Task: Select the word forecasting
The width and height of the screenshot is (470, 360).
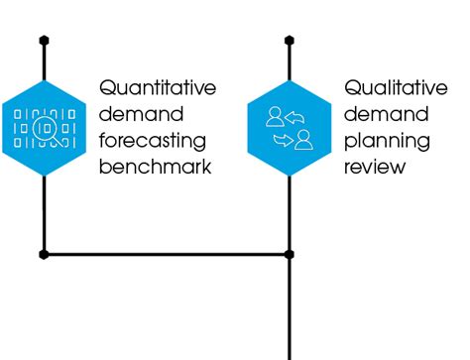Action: pyautogui.click(x=155, y=140)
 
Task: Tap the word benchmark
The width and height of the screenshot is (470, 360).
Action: pyautogui.click(x=156, y=166)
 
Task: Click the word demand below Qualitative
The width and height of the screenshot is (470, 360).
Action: pyautogui.click(x=382, y=113)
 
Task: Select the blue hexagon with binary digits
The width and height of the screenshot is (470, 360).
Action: pyautogui.click(x=44, y=127)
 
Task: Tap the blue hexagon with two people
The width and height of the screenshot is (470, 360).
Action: pyautogui.click(x=290, y=127)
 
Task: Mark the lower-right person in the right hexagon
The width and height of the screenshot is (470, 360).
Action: pyautogui.click(x=303, y=137)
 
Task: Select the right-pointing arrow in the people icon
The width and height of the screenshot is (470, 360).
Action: pyautogui.click(x=281, y=140)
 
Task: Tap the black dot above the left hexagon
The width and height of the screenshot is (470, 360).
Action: pyautogui.click(x=44, y=41)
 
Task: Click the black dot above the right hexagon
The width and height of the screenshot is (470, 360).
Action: pyautogui.click(x=290, y=41)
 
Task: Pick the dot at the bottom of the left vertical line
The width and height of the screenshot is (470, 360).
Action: pyautogui.click(x=44, y=255)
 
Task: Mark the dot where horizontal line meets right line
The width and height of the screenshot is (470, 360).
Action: pyautogui.click(x=290, y=255)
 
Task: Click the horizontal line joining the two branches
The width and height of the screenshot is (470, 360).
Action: pyautogui.click(x=167, y=255)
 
